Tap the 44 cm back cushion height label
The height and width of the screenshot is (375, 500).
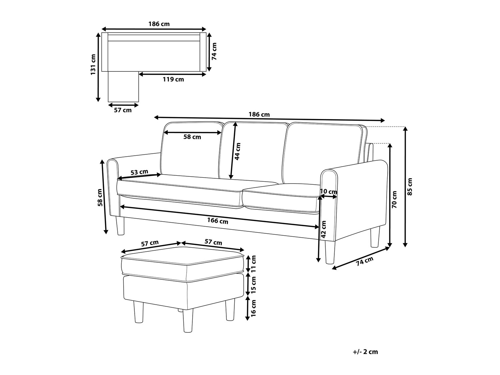click(237, 151)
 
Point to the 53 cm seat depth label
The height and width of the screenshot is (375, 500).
click(139, 172)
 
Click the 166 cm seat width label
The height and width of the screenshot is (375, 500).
click(218, 220)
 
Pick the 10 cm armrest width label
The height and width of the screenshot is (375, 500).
click(328, 192)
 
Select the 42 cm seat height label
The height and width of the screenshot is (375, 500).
click(323, 229)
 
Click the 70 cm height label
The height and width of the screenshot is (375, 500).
click(395, 199)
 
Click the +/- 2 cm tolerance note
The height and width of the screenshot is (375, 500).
click(365, 352)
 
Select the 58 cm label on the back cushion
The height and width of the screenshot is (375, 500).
click(192, 137)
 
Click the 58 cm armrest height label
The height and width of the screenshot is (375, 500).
click(100, 198)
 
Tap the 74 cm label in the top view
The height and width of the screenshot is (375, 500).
click(214, 51)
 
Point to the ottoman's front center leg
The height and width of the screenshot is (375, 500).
click(188, 320)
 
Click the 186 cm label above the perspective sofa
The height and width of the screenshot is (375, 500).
click(259, 114)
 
